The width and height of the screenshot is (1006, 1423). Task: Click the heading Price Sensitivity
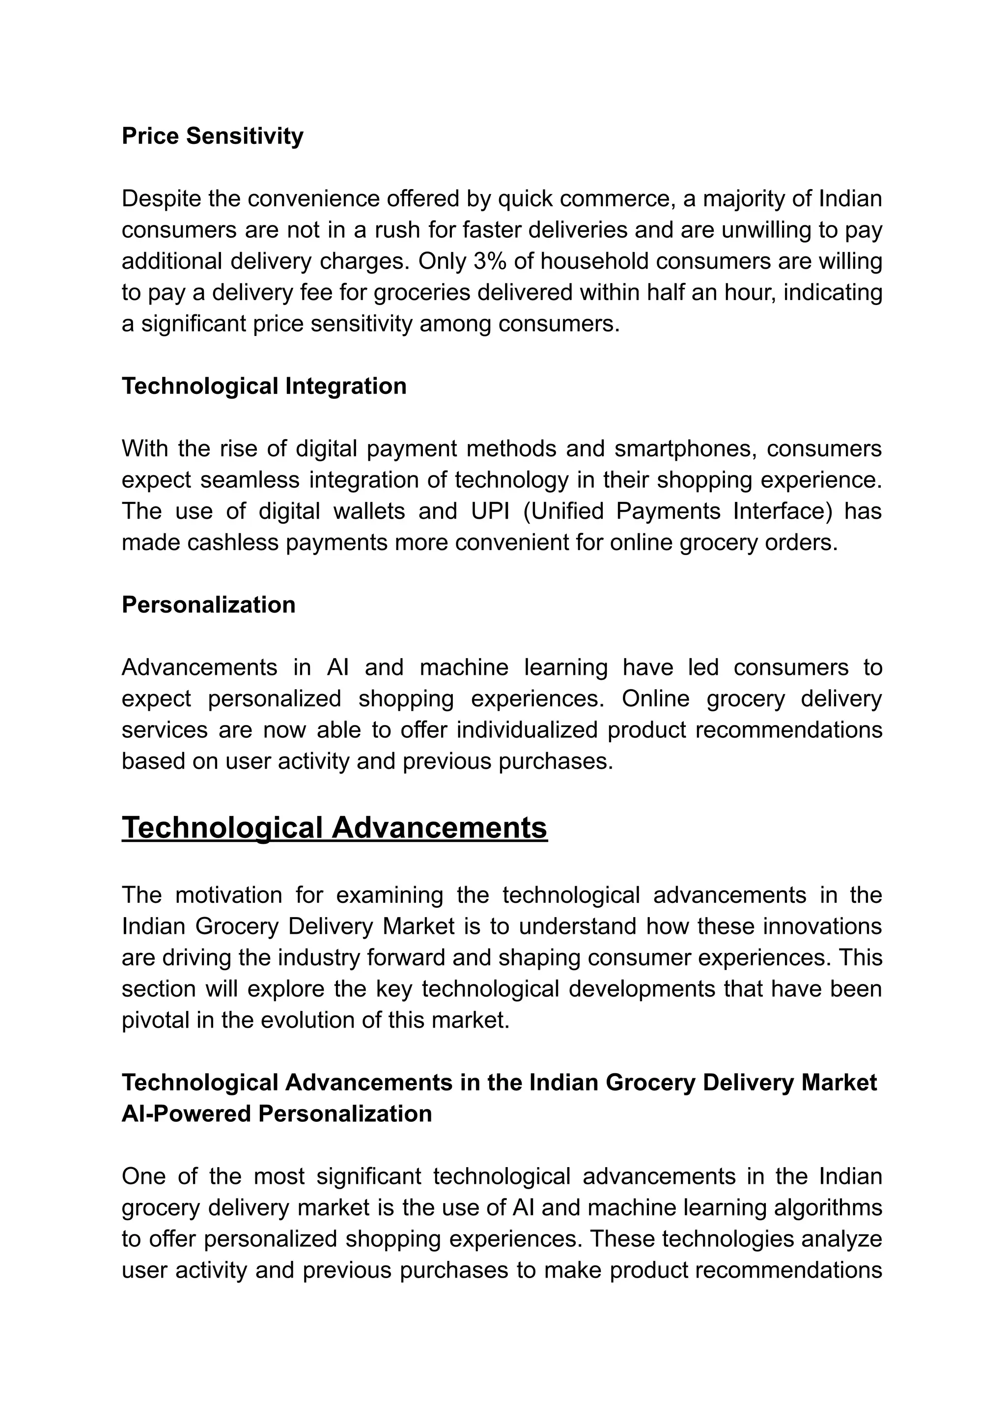click(x=212, y=136)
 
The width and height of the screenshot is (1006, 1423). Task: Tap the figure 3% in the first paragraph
click(x=489, y=261)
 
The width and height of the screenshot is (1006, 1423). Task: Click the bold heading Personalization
click(x=208, y=605)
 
